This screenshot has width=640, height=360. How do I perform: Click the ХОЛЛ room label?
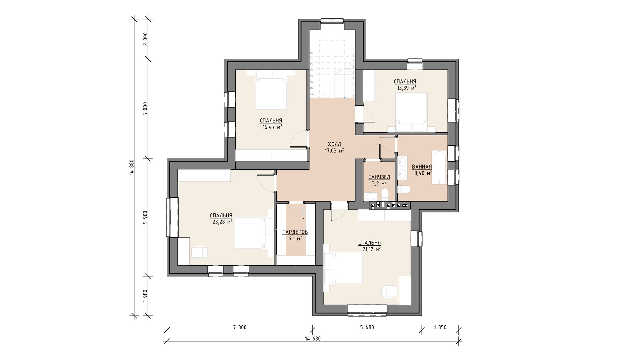[x=334, y=144]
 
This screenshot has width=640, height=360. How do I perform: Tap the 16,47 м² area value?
[x=272, y=127]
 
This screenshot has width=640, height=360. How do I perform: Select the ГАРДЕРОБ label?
[x=295, y=232]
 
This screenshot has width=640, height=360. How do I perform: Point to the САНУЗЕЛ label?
[x=379, y=177]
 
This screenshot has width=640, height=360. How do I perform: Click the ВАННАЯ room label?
[x=422, y=167]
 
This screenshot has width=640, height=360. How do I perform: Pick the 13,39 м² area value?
[x=407, y=88]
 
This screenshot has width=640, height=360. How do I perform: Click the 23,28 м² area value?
[x=222, y=222]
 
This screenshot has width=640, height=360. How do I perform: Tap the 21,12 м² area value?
[x=371, y=249]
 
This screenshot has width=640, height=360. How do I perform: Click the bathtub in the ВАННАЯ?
[x=439, y=167]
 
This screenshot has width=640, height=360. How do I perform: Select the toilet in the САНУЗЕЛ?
[x=385, y=194]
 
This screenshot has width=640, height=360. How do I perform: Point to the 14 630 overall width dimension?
[x=313, y=339]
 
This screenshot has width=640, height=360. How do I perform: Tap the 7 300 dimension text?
[x=240, y=327]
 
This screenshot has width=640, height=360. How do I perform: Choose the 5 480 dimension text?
[x=367, y=327]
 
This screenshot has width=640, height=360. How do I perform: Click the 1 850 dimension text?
[x=440, y=327]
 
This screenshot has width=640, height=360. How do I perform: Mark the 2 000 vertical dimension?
[x=145, y=39]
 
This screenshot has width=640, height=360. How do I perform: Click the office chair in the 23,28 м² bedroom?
[x=199, y=252]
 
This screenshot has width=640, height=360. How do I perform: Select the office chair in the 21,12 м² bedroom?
[x=389, y=292]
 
